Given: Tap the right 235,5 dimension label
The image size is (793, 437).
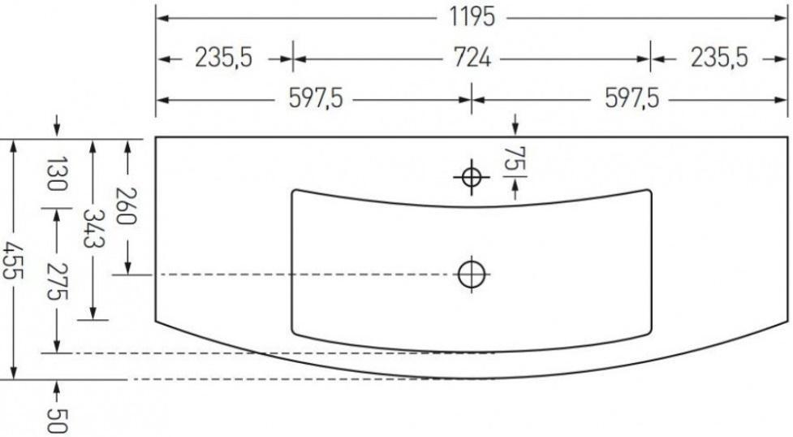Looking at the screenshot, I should [x=718, y=58].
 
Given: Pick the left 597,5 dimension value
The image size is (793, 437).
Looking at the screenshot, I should [x=315, y=99].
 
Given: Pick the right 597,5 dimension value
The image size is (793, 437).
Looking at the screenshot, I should [x=630, y=99].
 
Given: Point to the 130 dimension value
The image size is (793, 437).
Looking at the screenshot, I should [x=56, y=174].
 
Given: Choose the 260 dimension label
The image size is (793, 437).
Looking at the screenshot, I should [x=128, y=206].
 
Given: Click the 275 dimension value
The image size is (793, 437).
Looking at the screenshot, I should [x=56, y=281].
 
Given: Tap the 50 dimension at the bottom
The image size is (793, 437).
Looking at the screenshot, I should [x=56, y=419].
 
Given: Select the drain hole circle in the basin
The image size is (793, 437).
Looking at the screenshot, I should [x=472, y=274].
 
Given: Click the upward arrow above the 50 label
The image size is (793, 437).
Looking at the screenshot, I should [x=56, y=387].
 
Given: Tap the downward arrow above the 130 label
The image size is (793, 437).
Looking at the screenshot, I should [x=56, y=127].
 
